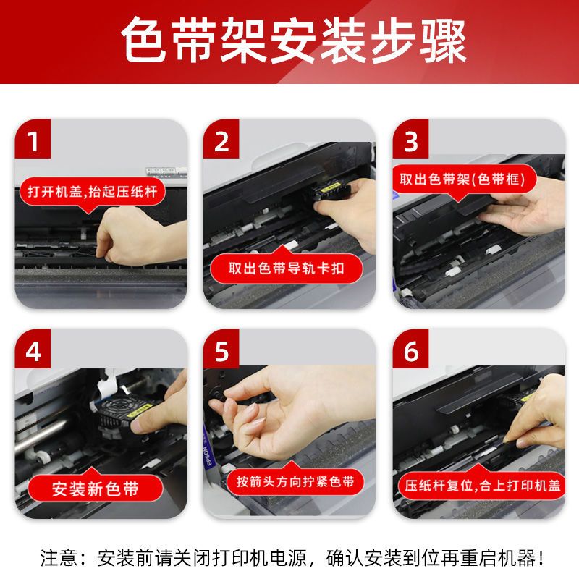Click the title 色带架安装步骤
tap(294, 41)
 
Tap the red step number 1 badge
tap(33, 139)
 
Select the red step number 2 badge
tap(221, 139)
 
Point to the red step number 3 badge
tap(410, 139)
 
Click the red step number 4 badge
tap(33, 349)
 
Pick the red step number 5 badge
tap(221, 349)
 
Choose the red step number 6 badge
tap(410, 349)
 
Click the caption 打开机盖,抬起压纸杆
tap(92, 192)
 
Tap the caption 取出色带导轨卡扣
tap(286, 269)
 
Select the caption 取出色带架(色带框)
tap(462, 179)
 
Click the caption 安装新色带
tap(96, 489)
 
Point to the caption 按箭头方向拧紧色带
tap(295, 481)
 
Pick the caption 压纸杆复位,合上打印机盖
tap(483, 485)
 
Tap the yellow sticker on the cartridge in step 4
tap(140, 409)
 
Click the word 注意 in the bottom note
tap(59, 557)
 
